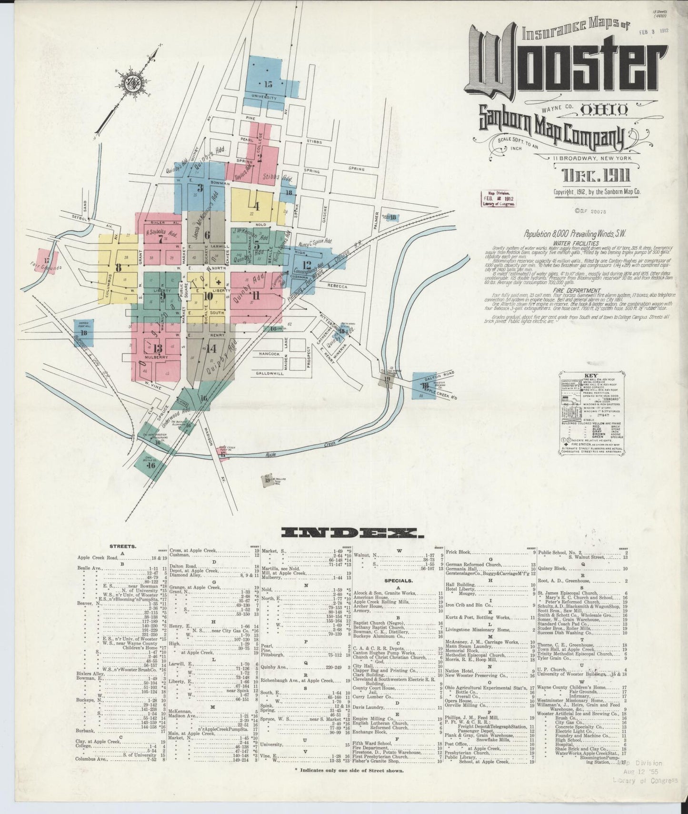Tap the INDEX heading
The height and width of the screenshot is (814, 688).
click(x=352, y=533)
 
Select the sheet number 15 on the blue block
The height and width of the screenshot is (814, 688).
click(x=268, y=84)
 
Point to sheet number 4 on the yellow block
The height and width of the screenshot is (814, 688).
click(x=257, y=207)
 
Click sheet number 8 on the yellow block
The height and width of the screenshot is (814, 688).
click(x=118, y=268)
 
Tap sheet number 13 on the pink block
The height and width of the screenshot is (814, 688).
click(x=158, y=347)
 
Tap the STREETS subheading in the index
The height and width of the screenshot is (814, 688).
click(x=123, y=546)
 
